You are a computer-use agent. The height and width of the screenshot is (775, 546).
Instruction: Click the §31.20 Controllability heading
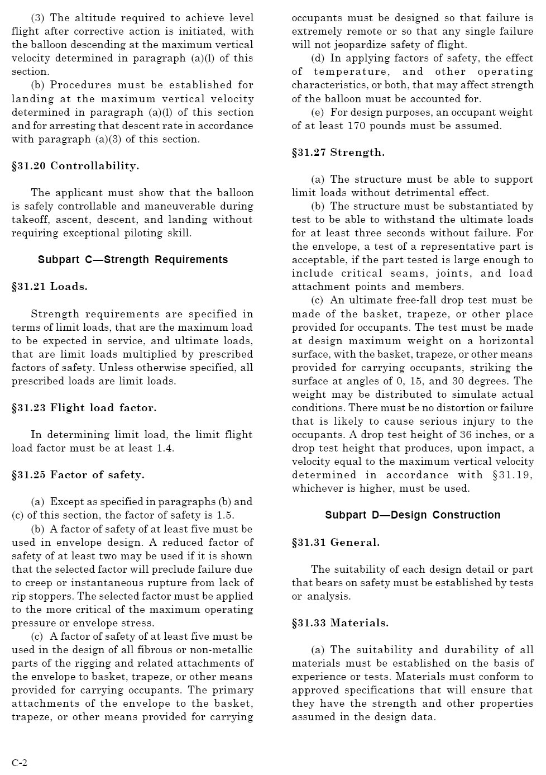pos(75,166)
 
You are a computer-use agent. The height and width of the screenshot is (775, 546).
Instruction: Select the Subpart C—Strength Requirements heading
pos(133,260)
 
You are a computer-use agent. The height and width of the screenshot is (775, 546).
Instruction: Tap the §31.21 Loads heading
pos(50,287)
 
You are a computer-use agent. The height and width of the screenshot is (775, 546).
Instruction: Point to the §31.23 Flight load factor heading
pos(84,408)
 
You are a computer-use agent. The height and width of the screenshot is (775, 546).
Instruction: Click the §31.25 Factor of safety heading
pos(78,475)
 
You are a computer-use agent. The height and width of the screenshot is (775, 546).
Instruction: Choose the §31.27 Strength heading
pos(338,153)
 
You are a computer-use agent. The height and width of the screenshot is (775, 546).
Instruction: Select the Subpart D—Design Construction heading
pos(413,515)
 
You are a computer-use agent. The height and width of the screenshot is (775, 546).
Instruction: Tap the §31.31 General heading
pos(336,542)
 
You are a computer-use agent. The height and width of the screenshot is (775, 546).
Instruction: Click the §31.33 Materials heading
pos(340,623)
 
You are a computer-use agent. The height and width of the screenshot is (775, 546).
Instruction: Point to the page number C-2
pos(20,763)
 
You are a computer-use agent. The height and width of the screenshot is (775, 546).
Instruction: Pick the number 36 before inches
pos(467,435)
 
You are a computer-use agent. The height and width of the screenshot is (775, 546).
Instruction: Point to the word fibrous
pos(151,650)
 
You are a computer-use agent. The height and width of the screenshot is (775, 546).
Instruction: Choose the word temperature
pos(351,72)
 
